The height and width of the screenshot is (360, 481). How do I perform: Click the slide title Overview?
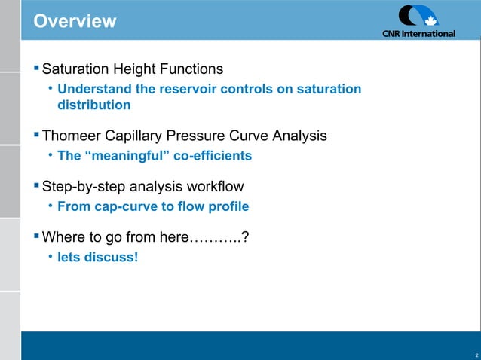coord(75,20)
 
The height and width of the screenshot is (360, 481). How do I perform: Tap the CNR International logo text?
coord(418,33)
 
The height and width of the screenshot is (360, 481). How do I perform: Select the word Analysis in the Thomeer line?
coord(299,136)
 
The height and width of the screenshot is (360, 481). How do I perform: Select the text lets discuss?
coord(98,257)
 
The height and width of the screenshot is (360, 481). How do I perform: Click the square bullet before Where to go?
coord(35,236)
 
